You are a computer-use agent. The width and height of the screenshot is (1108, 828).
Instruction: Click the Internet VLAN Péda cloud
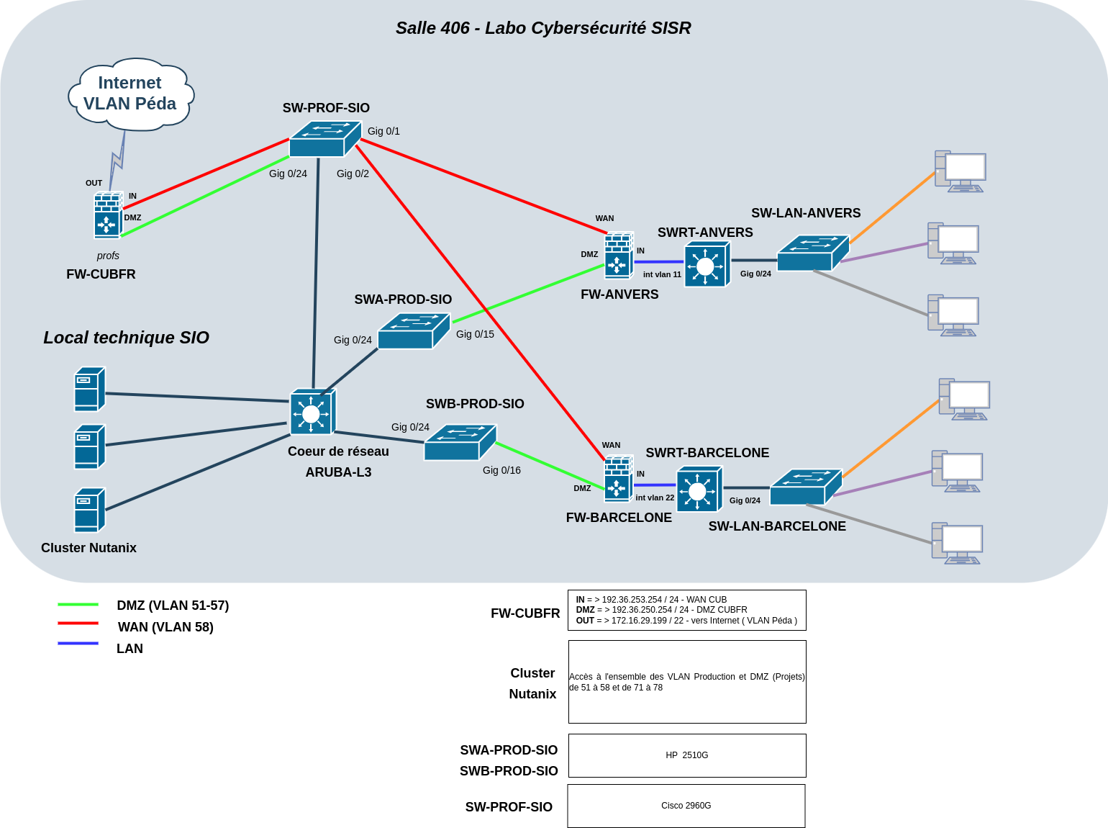coord(130,94)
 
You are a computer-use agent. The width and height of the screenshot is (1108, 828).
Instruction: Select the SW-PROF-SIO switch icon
coord(324,140)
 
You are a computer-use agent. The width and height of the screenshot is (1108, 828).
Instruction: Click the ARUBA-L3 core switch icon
coord(312,413)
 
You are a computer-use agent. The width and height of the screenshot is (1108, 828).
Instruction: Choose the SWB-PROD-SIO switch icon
coord(460,443)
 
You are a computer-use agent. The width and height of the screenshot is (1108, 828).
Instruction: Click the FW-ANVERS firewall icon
coord(618,256)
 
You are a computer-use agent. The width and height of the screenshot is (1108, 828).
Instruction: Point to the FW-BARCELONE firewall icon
coord(618,480)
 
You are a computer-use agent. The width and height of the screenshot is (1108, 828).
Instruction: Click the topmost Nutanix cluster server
coord(90,390)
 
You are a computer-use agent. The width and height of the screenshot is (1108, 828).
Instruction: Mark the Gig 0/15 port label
coord(475,334)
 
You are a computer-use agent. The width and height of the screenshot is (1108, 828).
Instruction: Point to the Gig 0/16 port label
coord(501,470)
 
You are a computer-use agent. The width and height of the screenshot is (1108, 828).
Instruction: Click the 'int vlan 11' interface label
coord(662,274)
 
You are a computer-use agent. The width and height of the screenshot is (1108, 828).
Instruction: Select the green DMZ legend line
coord(78,605)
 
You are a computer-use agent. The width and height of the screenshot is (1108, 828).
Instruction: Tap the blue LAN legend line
coord(78,643)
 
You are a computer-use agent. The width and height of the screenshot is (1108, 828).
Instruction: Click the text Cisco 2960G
coord(686,806)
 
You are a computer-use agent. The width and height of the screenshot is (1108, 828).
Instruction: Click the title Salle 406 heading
coord(543,28)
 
